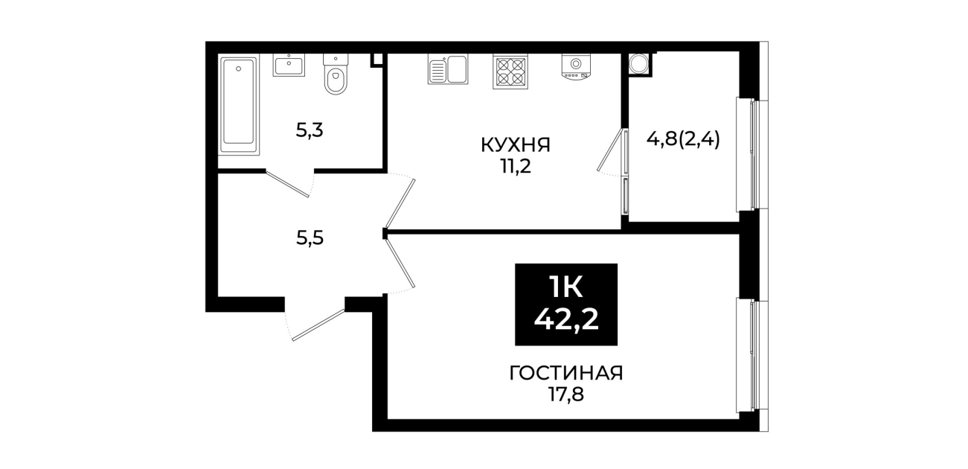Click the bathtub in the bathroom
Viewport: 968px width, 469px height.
[x=240, y=105]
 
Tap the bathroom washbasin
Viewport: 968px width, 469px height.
[x=289, y=65]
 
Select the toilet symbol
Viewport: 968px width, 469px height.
[x=336, y=74]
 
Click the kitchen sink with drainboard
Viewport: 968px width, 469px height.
[x=448, y=68]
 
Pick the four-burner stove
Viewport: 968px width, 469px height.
[x=510, y=71]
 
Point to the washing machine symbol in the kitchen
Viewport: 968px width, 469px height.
[x=576, y=66]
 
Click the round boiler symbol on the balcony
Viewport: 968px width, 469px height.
[x=638, y=64]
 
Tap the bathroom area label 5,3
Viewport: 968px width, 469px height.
[x=310, y=130]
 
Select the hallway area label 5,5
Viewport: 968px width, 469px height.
[x=310, y=237]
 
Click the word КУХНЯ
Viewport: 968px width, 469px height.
[x=516, y=145]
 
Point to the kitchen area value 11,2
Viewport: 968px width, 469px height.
[x=516, y=166]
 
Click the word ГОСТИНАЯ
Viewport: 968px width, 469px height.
[x=566, y=374]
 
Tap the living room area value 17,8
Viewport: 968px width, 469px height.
[x=566, y=395]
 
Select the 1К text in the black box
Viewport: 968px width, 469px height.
[x=566, y=287]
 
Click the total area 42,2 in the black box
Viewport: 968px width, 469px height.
[x=566, y=320]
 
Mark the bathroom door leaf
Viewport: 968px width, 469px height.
[x=287, y=185]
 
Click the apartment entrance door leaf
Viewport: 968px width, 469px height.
[x=318, y=325]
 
